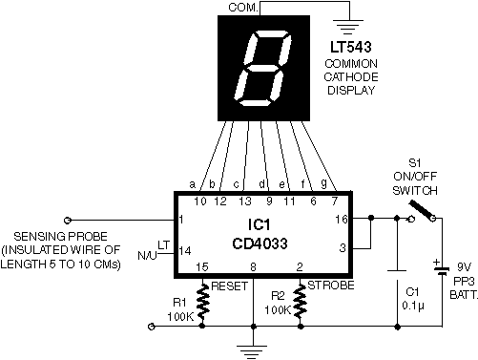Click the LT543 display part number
click(x=351, y=47)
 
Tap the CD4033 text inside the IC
click(x=260, y=244)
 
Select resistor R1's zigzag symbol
click(x=203, y=302)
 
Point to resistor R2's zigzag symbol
click(x=301, y=302)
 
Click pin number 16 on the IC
click(x=342, y=220)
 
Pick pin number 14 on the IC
click(x=184, y=251)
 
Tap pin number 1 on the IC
click(x=181, y=220)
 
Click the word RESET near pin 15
click(x=229, y=286)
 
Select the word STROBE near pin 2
click(x=331, y=286)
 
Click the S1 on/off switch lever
click(x=422, y=210)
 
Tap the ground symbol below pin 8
click(x=254, y=351)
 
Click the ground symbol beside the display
click(x=349, y=27)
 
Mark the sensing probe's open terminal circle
click(x=68, y=220)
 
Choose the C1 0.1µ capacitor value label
click(x=413, y=306)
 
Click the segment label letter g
click(x=323, y=183)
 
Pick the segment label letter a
click(x=192, y=184)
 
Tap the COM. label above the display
click(x=243, y=8)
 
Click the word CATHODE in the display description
click(x=351, y=76)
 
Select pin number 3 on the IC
click(x=343, y=248)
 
